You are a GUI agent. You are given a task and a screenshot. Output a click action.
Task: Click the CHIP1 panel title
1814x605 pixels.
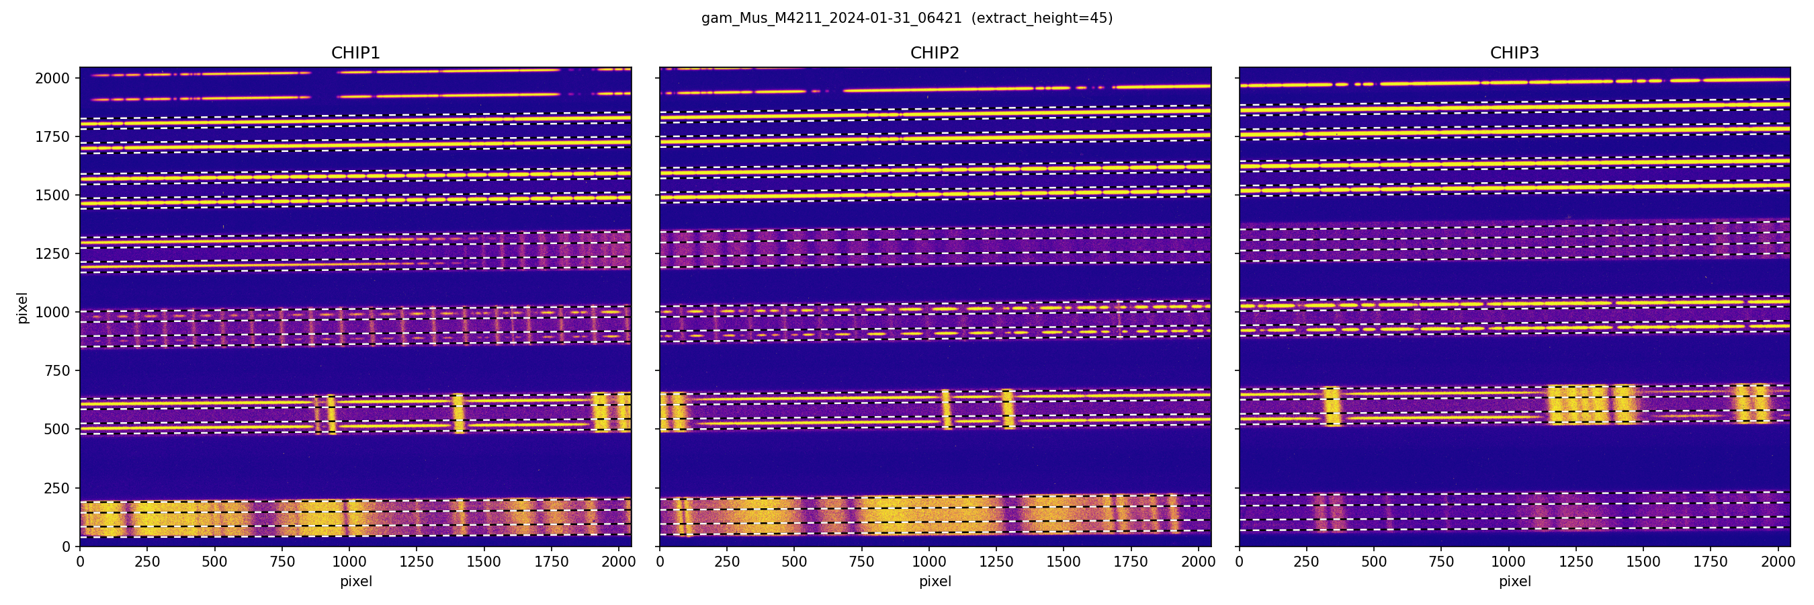(x=355, y=53)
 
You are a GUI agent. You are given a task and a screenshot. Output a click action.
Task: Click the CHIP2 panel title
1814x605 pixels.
(x=935, y=53)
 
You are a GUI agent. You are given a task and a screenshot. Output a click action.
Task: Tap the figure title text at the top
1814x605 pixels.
(x=906, y=18)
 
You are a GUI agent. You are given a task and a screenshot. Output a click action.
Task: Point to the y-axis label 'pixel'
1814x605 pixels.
(x=23, y=308)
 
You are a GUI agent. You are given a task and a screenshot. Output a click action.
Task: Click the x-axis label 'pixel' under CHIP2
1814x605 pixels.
(x=935, y=581)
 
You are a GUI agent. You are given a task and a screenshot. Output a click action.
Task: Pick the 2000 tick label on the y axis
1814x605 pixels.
(x=53, y=78)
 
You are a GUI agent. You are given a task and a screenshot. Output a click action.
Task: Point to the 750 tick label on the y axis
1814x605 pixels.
(x=57, y=370)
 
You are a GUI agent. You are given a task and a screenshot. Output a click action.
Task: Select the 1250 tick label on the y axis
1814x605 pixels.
(x=53, y=253)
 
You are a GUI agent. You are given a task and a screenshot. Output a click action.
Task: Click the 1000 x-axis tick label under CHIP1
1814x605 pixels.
(x=349, y=562)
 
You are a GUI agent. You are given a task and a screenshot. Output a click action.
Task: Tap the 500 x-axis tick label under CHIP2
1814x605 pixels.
(x=793, y=562)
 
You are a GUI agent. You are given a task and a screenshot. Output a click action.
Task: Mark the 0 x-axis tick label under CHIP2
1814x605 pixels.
(x=660, y=562)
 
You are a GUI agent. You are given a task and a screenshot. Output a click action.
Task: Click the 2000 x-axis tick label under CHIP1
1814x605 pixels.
(x=618, y=562)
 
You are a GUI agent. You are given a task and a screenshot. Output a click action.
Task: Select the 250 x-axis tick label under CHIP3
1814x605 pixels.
(x=1306, y=562)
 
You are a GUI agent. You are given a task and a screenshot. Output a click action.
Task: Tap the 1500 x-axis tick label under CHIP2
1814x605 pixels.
(x=1064, y=562)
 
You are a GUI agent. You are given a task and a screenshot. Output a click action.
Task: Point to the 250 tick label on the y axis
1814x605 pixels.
(x=57, y=488)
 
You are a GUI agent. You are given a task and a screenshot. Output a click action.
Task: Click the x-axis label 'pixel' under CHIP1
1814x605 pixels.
(x=355, y=581)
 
